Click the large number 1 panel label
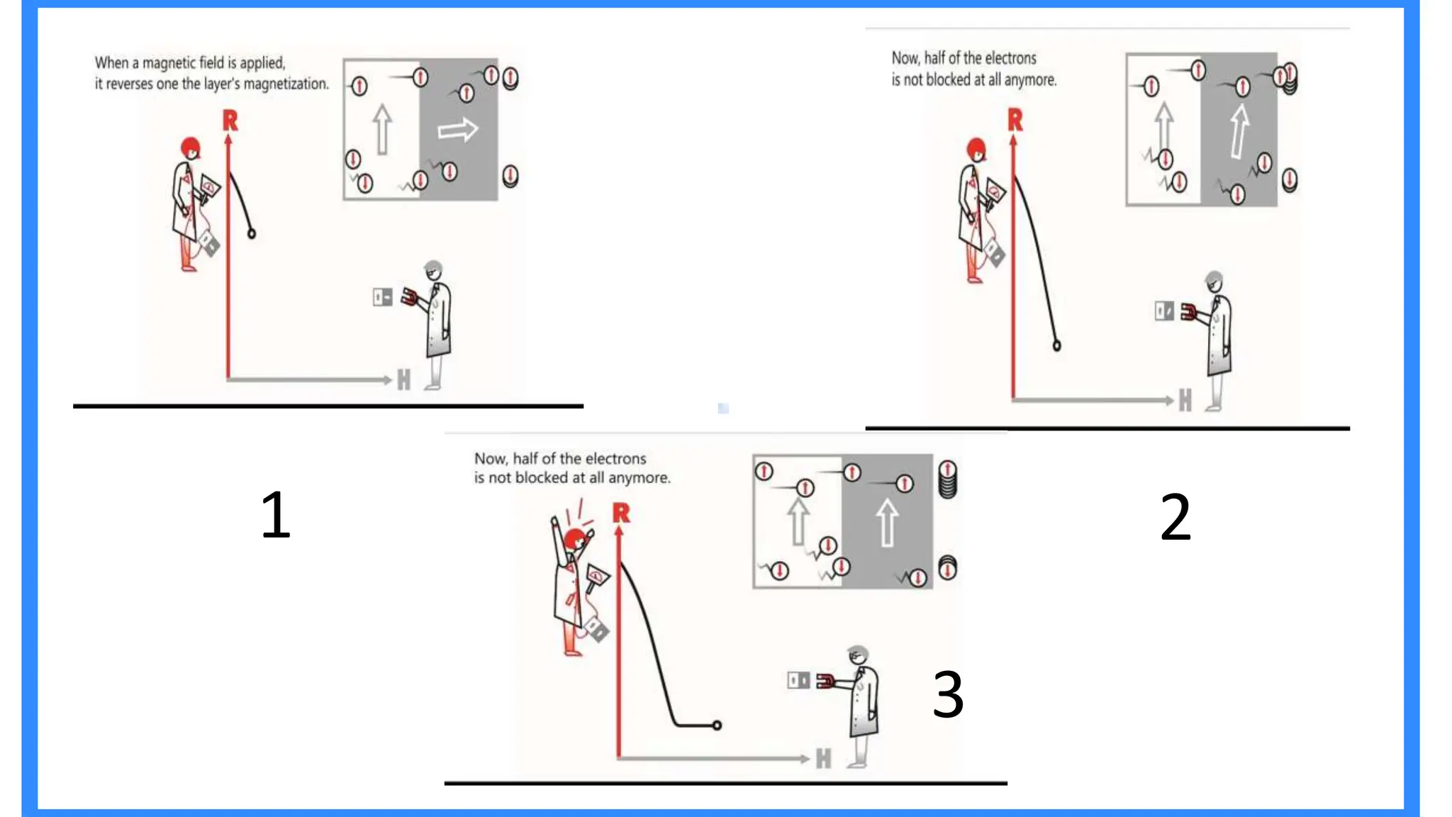click(275, 515)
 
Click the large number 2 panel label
click(1175, 518)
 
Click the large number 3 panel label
click(948, 694)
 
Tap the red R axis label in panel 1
click(230, 121)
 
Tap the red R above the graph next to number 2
click(1015, 120)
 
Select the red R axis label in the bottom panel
click(621, 513)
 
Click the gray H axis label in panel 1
click(403, 380)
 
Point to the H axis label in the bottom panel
click(822, 759)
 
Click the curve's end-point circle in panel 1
click(251, 233)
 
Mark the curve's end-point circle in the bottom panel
click(717, 725)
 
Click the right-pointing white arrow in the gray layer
click(457, 130)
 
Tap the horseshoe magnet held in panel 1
click(409, 296)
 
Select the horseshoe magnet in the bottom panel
click(824, 682)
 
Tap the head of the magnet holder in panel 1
click(433, 270)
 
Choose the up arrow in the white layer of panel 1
click(382, 128)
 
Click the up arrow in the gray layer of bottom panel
click(887, 522)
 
